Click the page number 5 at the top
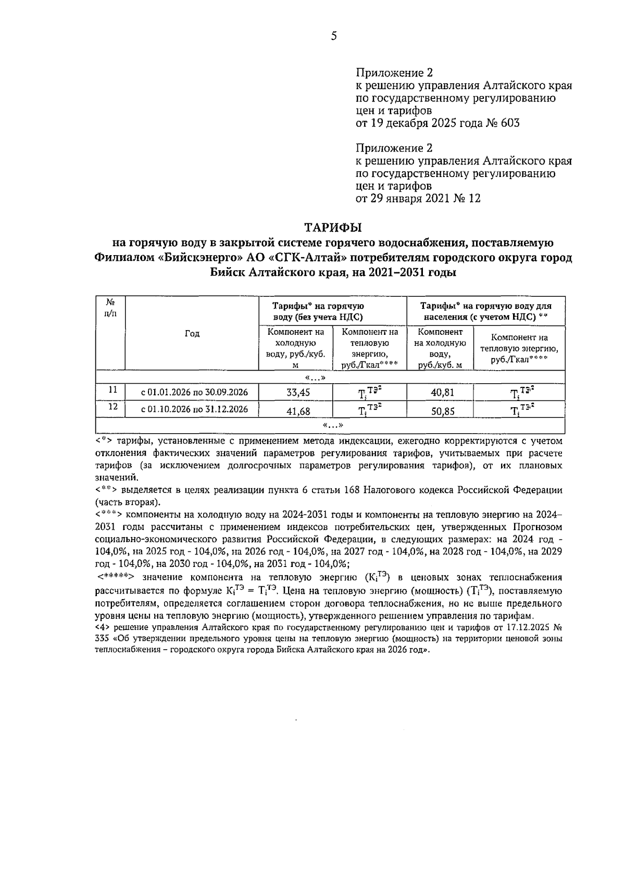click(x=334, y=36)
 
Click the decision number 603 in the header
click(x=509, y=123)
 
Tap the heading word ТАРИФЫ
click(x=333, y=228)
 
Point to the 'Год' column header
click(x=192, y=333)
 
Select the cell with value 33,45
click(x=295, y=393)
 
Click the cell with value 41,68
click(x=295, y=411)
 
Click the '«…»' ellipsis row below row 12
click(x=333, y=426)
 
